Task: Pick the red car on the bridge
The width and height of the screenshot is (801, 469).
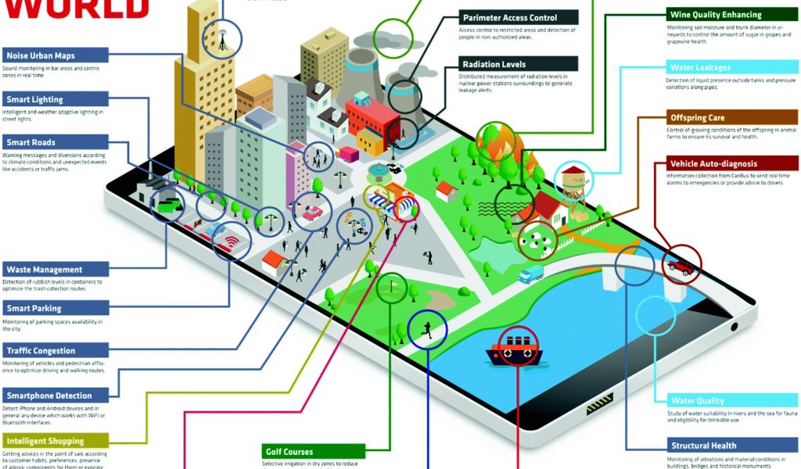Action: point(681,267)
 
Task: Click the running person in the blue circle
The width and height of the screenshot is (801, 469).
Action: point(427,328)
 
